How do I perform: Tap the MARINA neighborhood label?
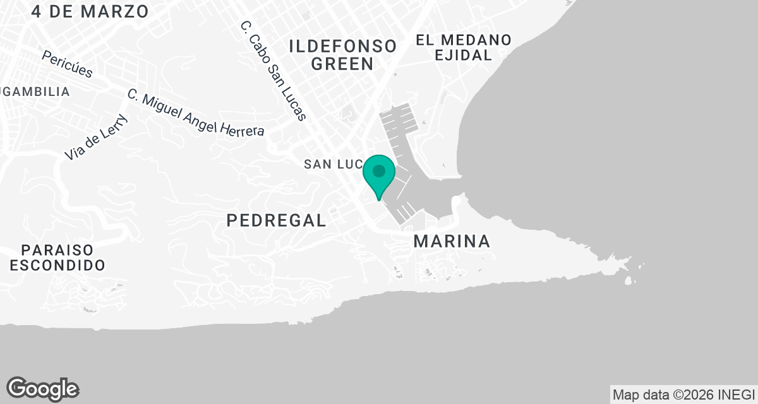pos(452,241)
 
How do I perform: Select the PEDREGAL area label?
pos(276,220)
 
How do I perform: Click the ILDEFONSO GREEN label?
pos(342,54)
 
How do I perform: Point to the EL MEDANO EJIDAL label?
pos(463,47)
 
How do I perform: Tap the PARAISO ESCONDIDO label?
pos(57,257)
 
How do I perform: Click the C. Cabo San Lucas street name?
pos(274,71)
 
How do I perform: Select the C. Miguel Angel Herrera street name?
pos(195,113)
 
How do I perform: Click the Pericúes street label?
pos(67,64)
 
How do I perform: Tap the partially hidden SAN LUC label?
pos(334,164)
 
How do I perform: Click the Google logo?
pos(42,389)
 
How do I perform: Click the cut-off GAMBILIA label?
pos(35,92)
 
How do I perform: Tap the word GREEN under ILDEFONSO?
pos(342,64)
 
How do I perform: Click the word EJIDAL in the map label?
pos(463,56)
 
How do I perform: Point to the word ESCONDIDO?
pos(57,265)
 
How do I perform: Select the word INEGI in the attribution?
pos(737,395)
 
